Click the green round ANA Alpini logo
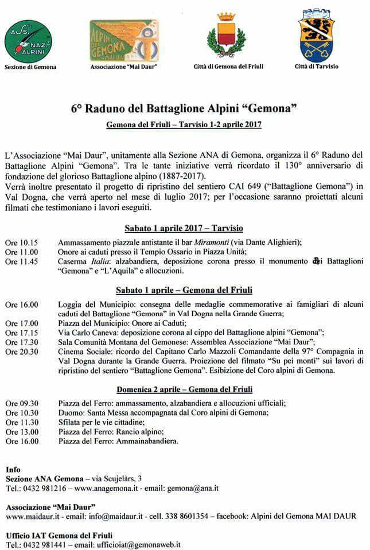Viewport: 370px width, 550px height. tap(28, 41)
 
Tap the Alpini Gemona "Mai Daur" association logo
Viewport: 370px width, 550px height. tap(124, 41)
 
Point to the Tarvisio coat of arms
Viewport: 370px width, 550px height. tap(317, 36)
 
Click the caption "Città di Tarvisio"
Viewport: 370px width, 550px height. tap(317, 66)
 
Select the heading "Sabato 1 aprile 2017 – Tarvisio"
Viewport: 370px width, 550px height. tap(184, 228)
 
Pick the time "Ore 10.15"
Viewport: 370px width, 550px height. tap(22, 242)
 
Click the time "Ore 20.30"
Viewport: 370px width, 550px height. tap(22, 352)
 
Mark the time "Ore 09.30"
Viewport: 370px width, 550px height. tap(22, 403)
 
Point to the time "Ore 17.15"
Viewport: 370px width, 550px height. tap(22, 333)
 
